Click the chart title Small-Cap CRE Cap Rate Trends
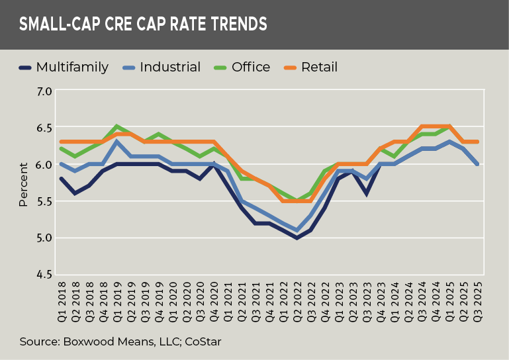(x=143, y=24)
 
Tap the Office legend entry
(x=251, y=67)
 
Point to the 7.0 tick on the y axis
(x=43, y=91)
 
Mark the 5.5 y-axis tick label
(x=43, y=201)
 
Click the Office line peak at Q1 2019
(x=116, y=127)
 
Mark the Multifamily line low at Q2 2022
(x=297, y=238)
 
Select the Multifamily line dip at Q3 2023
(x=365, y=193)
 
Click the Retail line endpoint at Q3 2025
(x=477, y=142)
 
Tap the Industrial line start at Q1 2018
(x=61, y=164)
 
